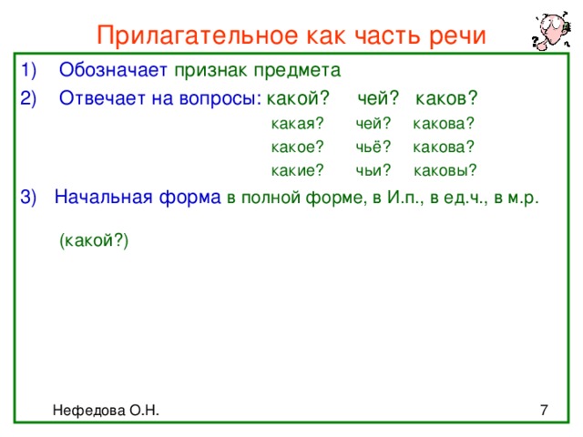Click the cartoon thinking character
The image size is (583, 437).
pyautogui.click(x=551, y=30)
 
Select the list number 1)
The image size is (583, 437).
pyautogui.click(x=28, y=70)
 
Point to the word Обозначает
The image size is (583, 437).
pyautogui.click(x=113, y=69)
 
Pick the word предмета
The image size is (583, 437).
pyautogui.click(x=297, y=71)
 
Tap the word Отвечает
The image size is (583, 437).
pyautogui.click(x=102, y=98)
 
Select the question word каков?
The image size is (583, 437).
pyautogui.click(x=446, y=98)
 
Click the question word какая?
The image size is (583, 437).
pyautogui.click(x=298, y=124)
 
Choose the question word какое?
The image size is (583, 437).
pyautogui.click(x=298, y=147)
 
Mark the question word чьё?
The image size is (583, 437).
pyautogui.click(x=373, y=147)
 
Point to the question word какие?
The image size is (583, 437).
pyautogui.click(x=298, y=170)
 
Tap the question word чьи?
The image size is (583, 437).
pyautogui.click(x=373, y=170)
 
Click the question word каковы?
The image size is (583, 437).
pyautogui.click(x=445, y=170)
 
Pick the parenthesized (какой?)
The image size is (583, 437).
pyautogui.click(x=94, y=240)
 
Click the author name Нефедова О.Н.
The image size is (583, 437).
pyautogui.click(x=106, y=411)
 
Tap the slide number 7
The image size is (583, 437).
pyautogui.click(x=544, y=411)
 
